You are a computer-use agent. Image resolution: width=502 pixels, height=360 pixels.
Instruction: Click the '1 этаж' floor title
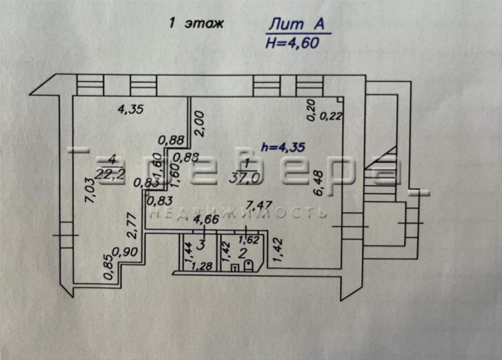195,25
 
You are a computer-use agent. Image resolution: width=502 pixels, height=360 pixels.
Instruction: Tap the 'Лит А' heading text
298,25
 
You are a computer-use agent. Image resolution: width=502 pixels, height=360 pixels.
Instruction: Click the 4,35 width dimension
128,107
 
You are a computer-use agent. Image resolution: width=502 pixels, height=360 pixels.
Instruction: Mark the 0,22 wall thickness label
330,116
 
